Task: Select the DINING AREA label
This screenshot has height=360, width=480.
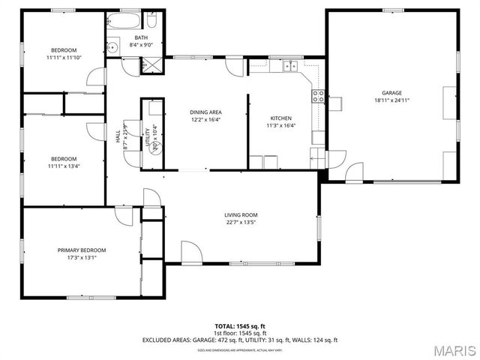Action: [205, 112]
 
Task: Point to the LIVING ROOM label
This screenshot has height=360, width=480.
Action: [241, 215]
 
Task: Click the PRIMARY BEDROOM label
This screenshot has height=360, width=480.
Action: [82, 250]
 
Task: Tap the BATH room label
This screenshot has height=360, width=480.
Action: [141, 37]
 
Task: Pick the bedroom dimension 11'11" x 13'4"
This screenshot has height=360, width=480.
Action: [64, 166]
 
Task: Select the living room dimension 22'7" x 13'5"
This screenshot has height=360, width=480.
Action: [241, 223]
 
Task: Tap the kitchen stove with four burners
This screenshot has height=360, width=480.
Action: [318, 95]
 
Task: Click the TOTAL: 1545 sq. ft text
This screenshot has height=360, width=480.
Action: [239, 326]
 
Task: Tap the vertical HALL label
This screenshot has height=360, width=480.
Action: [118, 138]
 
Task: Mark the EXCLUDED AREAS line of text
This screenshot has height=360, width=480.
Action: [239, 340]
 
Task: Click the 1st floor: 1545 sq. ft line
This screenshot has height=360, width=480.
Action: [239, 333]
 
